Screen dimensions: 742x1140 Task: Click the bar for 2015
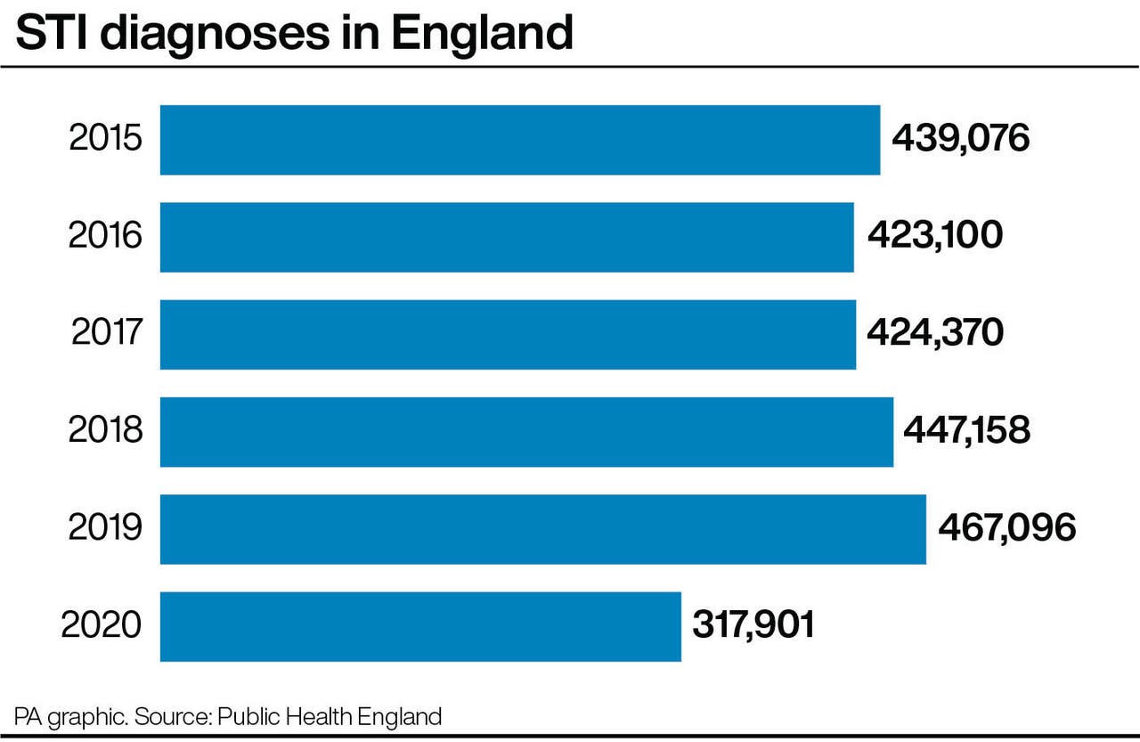[520, 140]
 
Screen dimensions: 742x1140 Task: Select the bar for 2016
[507, 237]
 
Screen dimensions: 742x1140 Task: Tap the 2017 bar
[508, 334]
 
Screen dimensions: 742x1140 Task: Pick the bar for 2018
[526, 431]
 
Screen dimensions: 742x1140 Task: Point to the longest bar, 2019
[542, 528]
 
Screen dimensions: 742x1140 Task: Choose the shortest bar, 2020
[420, 625]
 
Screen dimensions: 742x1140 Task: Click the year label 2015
[105, 140]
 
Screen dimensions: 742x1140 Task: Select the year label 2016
[105, 237]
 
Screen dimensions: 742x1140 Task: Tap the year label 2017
[106, 334]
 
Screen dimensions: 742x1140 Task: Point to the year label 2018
[105, 431]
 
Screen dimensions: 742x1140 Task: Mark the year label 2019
[105, 528]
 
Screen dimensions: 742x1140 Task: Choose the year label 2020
[102, 625]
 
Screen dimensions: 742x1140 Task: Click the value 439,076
[960, 139]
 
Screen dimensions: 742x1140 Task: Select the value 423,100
[934, 236]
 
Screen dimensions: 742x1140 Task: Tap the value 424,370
[935, 333]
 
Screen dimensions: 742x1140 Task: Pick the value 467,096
[1006, 527]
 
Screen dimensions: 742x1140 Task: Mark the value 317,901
[753, 624]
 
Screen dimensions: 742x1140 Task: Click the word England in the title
[481, 34]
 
